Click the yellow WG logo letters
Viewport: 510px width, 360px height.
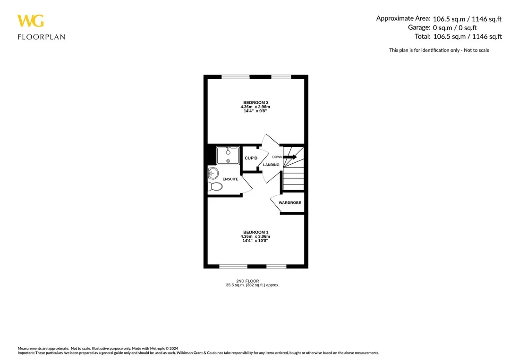coord(31,21)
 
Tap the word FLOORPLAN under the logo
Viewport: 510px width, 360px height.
coord(41,37)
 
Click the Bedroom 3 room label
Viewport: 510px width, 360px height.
coord(255,103)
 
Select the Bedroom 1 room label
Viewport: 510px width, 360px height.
coord(255,232)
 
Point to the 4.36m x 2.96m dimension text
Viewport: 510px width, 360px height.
coord(255,107)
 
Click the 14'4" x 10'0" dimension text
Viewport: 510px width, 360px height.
coord(255,241)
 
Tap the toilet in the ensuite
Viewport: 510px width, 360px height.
coord(215,186)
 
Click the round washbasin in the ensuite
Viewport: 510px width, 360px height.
coord(212,173)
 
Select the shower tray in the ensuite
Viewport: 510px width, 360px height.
coord(228,156)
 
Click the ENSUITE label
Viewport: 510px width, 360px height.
coord(230,179)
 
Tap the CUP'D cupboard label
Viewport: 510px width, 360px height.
coord(251,158)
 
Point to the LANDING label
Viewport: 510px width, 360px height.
coord(271,165)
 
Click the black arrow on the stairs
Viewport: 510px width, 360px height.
coord(290,157)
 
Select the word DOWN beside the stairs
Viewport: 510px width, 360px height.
coord(278,157)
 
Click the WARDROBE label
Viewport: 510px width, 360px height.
coord(290,203)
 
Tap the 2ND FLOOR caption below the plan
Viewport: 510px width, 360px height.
coord(247,281)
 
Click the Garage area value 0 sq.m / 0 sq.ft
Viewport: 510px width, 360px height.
coord(455,28)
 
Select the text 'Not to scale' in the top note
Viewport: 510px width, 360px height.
coord(476,50)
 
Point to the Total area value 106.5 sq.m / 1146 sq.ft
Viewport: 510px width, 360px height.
coord(467,36)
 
